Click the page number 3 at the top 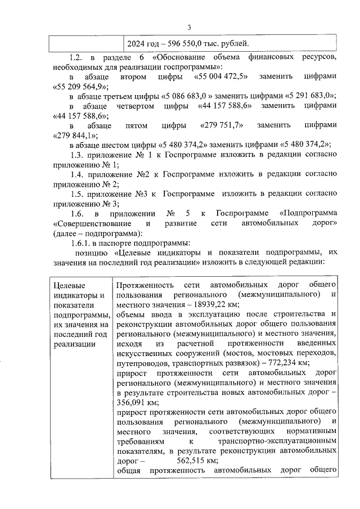coord(190,28)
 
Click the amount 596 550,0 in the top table coord(186,43)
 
